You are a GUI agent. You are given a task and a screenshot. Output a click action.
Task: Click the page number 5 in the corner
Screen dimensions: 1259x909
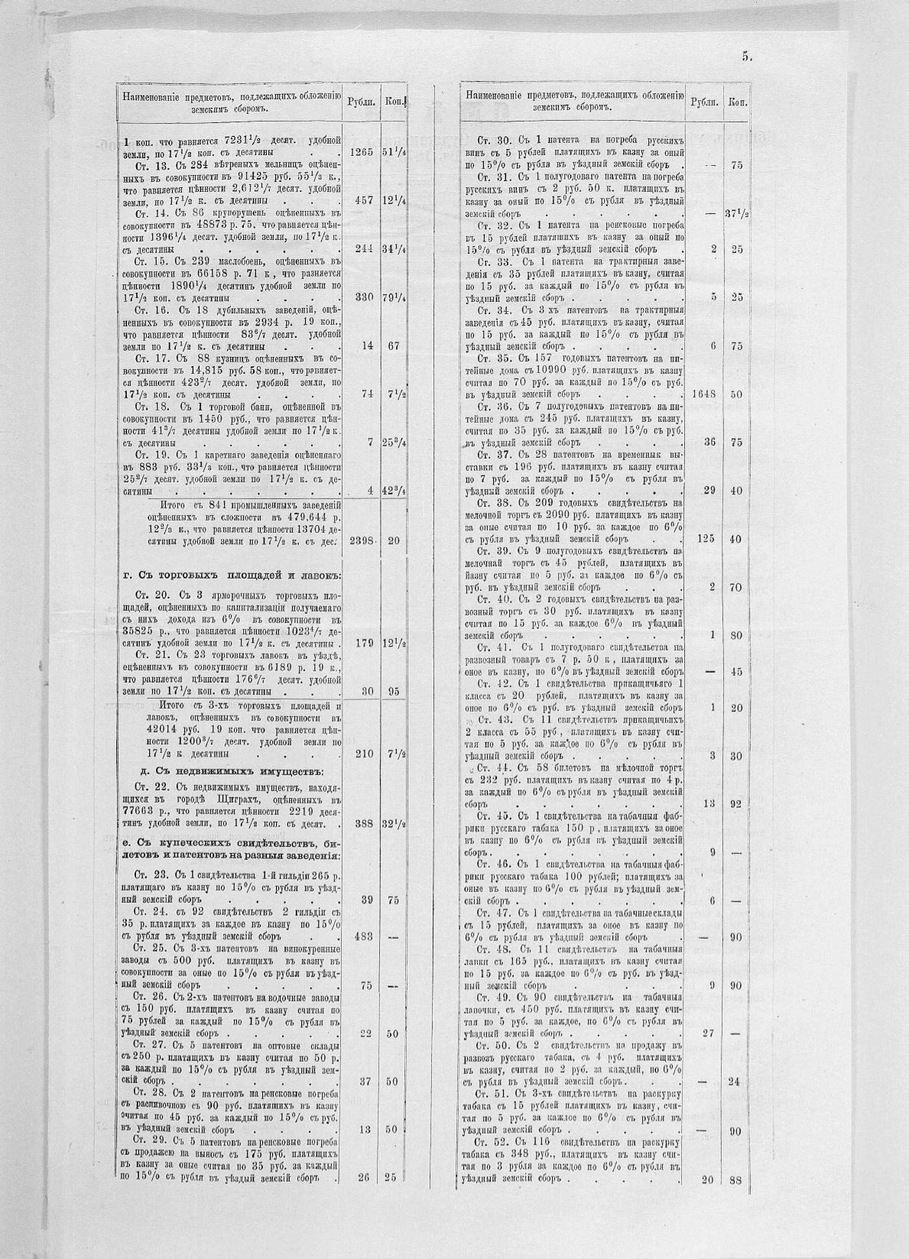747,56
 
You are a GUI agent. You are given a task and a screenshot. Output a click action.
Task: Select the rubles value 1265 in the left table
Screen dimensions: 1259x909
360,152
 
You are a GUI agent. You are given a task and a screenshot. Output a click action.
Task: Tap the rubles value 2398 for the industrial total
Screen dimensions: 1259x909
360,540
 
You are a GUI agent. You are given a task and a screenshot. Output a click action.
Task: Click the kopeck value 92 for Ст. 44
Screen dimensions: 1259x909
735,803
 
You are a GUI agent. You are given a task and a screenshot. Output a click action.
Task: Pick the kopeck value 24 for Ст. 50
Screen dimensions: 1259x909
735,1082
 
